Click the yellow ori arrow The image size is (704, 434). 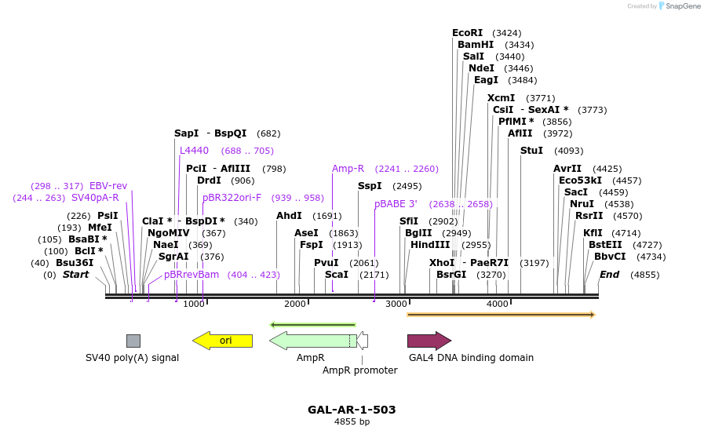(x=223, y=340)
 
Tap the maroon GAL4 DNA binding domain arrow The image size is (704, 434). (x=429, y=340)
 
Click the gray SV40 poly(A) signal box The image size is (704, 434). (x=133, y=341)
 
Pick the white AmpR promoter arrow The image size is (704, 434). (x=363, y=341)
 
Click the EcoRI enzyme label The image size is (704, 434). (x=467, y=33)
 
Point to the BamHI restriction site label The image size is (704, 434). (x=476, y=45)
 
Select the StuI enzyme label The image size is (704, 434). (x=531, y=151)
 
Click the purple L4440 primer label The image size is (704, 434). (x=194, y=151)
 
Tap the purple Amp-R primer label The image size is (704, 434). (x=348, y=169)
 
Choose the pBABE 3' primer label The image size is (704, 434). (x=396, y=204)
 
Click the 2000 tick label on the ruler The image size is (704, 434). (x=295, y=304)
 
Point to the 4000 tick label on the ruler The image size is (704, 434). (x=498, y=304)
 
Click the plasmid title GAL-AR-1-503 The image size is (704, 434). (x=352, y=410)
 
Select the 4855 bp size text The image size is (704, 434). (x=352, y=422)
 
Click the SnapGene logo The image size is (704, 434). (x=676, y=6)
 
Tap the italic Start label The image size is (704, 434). (x=75, y=275)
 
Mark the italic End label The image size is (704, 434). (x=609, y=275)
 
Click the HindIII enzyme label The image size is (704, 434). (x=430, y=245)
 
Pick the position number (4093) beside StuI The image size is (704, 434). (x=569, y=151)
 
